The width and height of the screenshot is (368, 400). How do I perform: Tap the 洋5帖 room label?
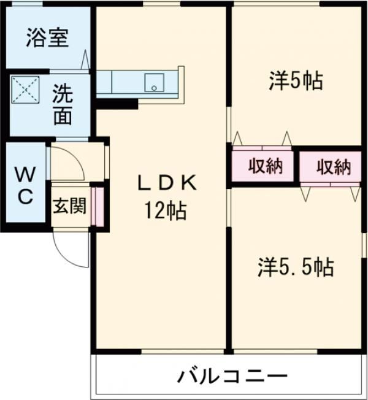tap(296, 80)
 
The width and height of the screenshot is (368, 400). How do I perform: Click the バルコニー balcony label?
tap(233, 375)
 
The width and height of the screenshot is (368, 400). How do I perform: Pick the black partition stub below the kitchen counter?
tap(117, 103)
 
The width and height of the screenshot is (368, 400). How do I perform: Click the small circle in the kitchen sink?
tap(154, 87)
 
